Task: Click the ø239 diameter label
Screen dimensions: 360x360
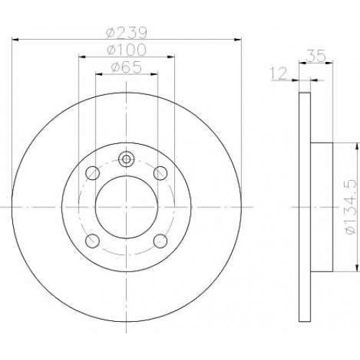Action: (126, 33)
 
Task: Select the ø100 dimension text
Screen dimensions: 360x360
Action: (127, 50)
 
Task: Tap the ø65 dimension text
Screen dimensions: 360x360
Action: (127, 68)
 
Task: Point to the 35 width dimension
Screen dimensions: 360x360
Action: (316, 55)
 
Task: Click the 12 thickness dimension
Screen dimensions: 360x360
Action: (279, 73)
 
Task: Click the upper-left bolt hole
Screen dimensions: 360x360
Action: (93, 173)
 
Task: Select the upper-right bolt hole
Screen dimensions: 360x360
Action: (161, 173)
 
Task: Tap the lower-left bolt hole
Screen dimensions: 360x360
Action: (93, 241)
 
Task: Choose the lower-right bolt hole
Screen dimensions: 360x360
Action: (161, 241)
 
